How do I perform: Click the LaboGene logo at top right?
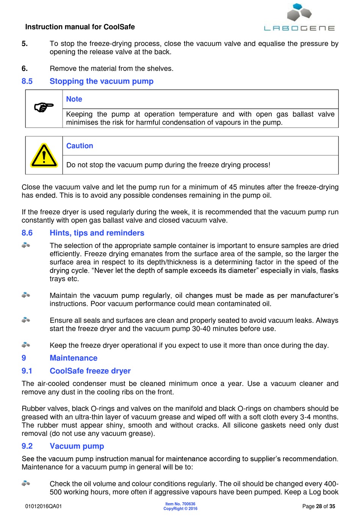tap(299, 17)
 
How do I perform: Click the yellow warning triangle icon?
tap(44, 155)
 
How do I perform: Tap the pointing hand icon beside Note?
tap(44, 108)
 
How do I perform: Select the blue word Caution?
tap(80, 146)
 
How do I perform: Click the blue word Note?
tap(74, 99)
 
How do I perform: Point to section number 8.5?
tap(27, 81)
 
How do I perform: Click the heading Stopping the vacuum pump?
tap(102, 81)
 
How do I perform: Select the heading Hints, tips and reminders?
tap(97, 233)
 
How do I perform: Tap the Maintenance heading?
tap(74, 358)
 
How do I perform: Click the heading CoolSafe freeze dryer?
tap(90, 371)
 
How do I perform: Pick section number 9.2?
tap(27, 446)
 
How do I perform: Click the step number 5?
tap(25, 44)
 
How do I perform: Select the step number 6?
tap(25, 69)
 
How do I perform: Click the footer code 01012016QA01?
tap(44, 506)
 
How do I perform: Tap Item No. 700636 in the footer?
tap(180, 504)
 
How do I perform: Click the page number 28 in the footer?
tap(319, 506)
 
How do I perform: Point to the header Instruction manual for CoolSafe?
tap(80, 27)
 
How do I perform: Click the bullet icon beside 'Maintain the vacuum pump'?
tap(26, 295)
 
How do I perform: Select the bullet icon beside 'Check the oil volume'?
tap(26, 483)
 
